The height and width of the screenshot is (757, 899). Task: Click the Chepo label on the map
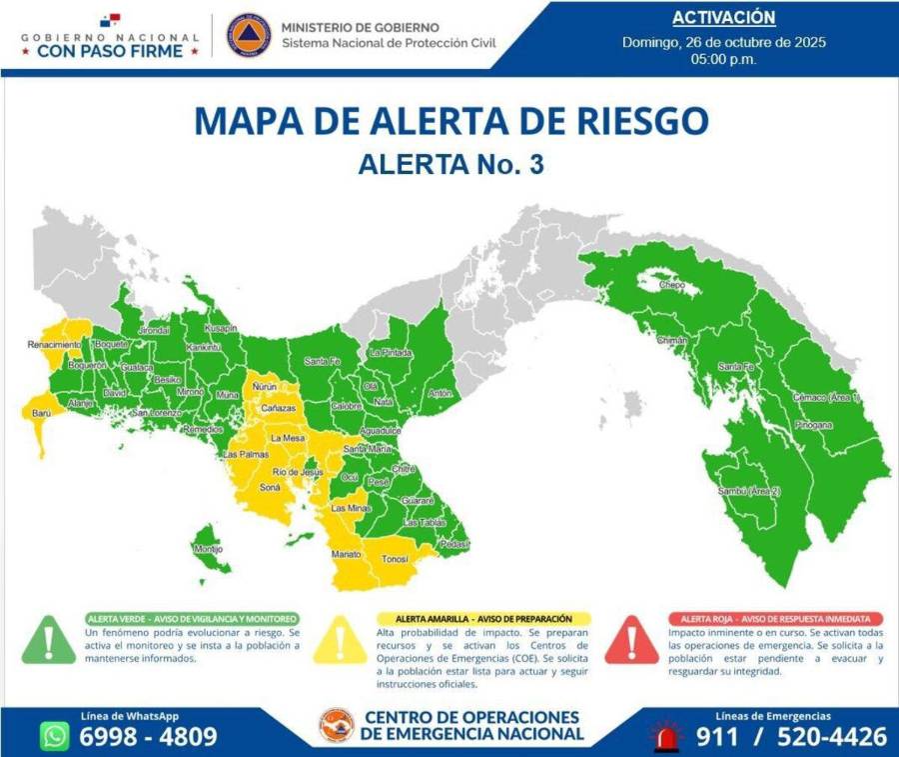(x=672, y=285)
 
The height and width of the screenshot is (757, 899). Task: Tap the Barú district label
(x=41, y=412)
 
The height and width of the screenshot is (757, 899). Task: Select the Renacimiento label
(x=55, y=345)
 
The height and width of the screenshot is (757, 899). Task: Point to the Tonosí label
(x=395, y=559)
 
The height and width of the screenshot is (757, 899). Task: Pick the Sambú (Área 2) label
(x=748, y=492)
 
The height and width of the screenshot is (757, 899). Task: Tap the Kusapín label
(x=220, y=328)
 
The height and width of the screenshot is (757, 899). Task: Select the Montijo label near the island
(x=208, y=550)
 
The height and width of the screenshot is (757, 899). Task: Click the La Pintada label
(x=390, y=353)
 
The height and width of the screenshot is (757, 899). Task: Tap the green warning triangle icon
(x=45, y=641)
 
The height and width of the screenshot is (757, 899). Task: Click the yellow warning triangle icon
(x=339, y=641)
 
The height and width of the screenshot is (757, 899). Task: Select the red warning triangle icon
(x=630, y=641)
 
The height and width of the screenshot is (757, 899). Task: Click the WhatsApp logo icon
(x=56, y=735)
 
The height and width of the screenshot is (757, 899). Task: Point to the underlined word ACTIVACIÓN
(x=723, y=18)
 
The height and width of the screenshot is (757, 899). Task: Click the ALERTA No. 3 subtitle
(x=450, y=165)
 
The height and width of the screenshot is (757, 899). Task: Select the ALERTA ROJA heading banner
(x=776, y=619)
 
